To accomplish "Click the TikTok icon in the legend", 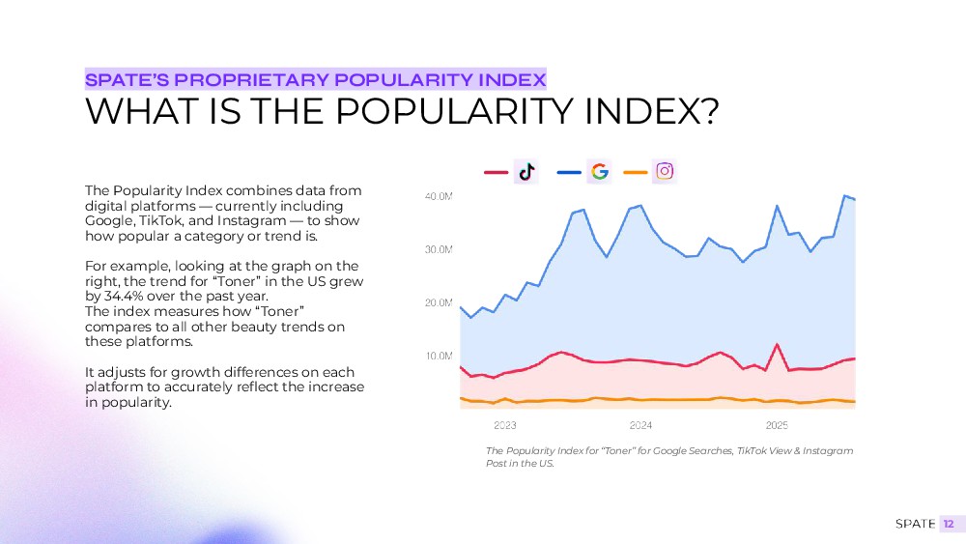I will pos(526,172).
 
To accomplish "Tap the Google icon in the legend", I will pos(599,172).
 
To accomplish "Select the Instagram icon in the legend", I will pos(665,172).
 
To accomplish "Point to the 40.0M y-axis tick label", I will pos(439,196).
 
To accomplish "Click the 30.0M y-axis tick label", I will pos(439,249).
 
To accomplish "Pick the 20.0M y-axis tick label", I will pos(439,302).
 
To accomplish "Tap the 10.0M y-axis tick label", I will pos(439,356).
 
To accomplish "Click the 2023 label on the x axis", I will pos(504,425).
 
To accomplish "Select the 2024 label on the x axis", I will pos(640,425).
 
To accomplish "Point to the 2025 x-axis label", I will pos(777,425).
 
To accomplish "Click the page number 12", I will pos(949,524).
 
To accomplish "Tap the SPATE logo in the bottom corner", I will pos(915,524).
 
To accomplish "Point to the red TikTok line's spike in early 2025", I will pos(778,345).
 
